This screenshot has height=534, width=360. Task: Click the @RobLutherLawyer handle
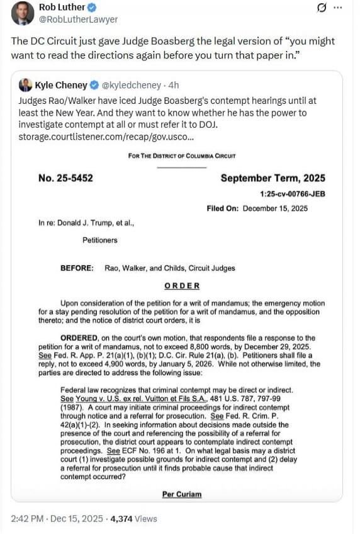pyautogui.click(x=78, y=20)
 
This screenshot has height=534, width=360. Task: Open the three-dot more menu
pyautogui.click(x=338, y=8)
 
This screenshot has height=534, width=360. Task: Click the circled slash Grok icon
pyautogui.click(x=321, y=8)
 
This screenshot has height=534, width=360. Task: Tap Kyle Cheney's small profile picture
pyautogui.click(x=26, y=84)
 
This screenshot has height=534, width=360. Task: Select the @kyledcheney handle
pyautogui.click(x=128, y=84)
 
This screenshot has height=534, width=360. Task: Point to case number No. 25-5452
pyautogui.click(x=65, y=178)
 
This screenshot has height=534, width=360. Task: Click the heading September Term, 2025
pyautogui.click(x=273, y=178)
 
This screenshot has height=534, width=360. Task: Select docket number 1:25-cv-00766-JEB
pyautogui.click(x=293, y=195)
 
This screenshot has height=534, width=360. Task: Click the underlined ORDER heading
pyautogui.click(x=182, y=285)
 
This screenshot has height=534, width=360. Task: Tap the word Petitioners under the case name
pyautogui.click(x=99, y=240)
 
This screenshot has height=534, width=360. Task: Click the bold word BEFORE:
pyautogui.click(x=77, y=268)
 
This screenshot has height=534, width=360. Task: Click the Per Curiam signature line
pyautogui.click(x=182, y=494)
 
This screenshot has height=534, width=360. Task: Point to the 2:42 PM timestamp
pyautogui.click(x=27, y=519)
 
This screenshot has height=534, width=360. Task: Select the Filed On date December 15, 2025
pyautogui.click(x=275, y=209)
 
